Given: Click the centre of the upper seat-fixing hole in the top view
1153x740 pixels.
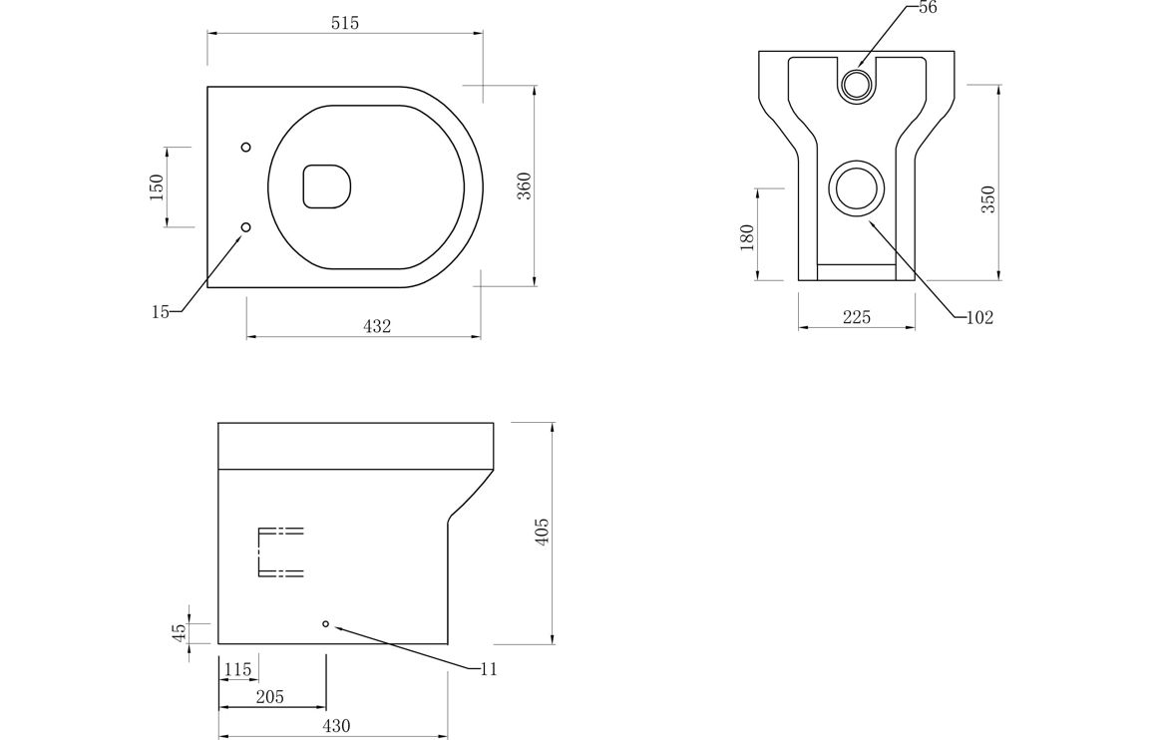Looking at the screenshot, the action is tap(246, 148).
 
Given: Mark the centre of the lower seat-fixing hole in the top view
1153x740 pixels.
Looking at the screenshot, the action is tap(246, 227).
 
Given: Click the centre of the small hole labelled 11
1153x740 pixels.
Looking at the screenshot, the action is tap(326, 623).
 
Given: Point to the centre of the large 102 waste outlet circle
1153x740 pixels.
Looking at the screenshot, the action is tap(856, 188).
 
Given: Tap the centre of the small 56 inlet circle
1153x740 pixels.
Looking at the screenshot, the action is tap(856, 84).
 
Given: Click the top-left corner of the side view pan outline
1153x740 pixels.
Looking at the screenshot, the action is tap(218, 423).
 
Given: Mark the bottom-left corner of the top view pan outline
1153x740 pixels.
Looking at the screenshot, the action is tap(207, 287).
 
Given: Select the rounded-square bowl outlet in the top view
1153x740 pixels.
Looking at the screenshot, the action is tap(326, 186).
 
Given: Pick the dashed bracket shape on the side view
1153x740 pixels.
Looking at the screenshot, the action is tap(280, 552).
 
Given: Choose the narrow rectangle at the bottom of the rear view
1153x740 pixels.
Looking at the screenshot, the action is tap(857, 271).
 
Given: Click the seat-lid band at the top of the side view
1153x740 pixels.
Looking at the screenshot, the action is tap(356, 445).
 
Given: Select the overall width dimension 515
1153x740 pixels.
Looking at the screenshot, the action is tap(345, 24).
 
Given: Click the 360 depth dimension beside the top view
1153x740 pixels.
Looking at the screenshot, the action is tap(524, 186).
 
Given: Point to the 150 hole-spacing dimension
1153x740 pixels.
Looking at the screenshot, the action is tap(156, 187).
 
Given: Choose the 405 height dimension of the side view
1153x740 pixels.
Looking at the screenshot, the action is tap(542, 532).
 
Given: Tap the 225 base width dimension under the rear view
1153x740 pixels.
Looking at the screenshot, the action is tap(857, 317).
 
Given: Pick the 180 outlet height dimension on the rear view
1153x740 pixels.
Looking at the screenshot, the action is tap(747, 236).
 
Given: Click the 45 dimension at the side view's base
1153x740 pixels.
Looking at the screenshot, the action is tap(179, 632).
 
